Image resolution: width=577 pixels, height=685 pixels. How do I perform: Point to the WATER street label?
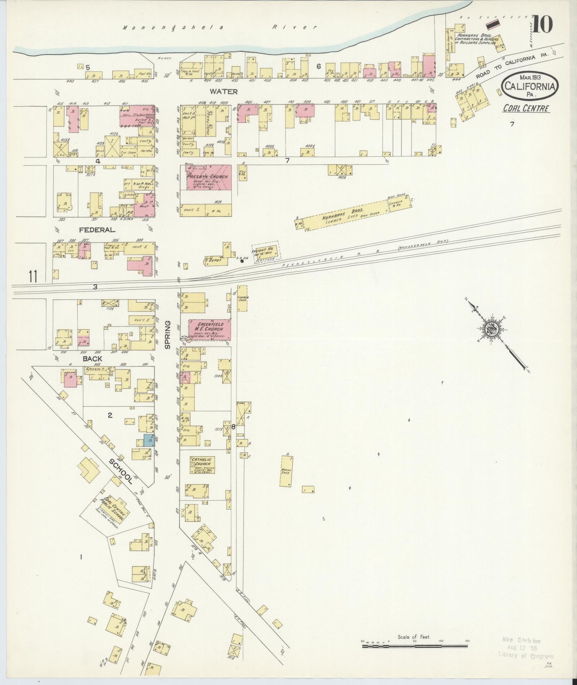[x=224, y=92]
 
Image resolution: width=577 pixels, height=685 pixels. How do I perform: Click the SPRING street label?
[x=167, y=335]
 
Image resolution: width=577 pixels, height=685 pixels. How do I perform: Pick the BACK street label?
[x=93, y=358]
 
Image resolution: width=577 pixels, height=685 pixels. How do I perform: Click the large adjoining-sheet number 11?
[x=33, y=276]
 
